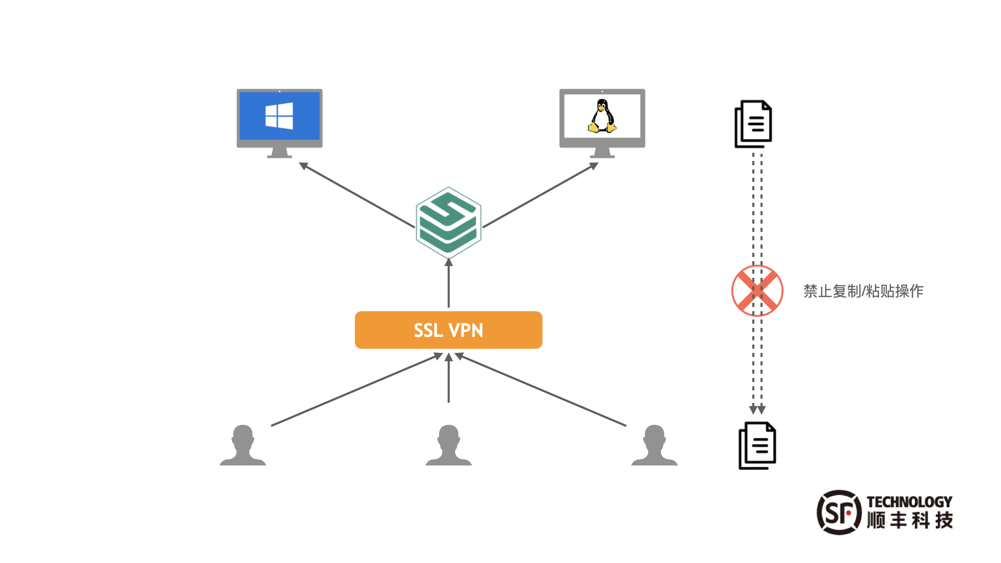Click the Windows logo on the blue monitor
(279, 116)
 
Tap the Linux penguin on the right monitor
(602, 116)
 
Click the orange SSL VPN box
(375, 330)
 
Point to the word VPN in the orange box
(466, 331)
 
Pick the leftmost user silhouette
(243, 445)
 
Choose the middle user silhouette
(448, 445)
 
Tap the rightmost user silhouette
(654, 445)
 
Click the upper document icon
(753, 124)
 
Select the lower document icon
(758, 446)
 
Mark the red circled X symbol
(757, 291)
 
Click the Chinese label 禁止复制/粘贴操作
(863, 291)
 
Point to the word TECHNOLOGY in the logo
(909, 501)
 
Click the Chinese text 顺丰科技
(910, 520)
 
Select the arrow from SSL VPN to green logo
(448, 284)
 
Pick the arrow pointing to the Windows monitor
(357, 195)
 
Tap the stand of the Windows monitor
(279, 152)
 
